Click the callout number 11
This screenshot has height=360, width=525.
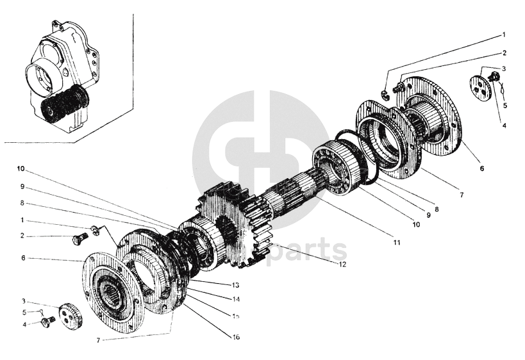pos(396,243)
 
